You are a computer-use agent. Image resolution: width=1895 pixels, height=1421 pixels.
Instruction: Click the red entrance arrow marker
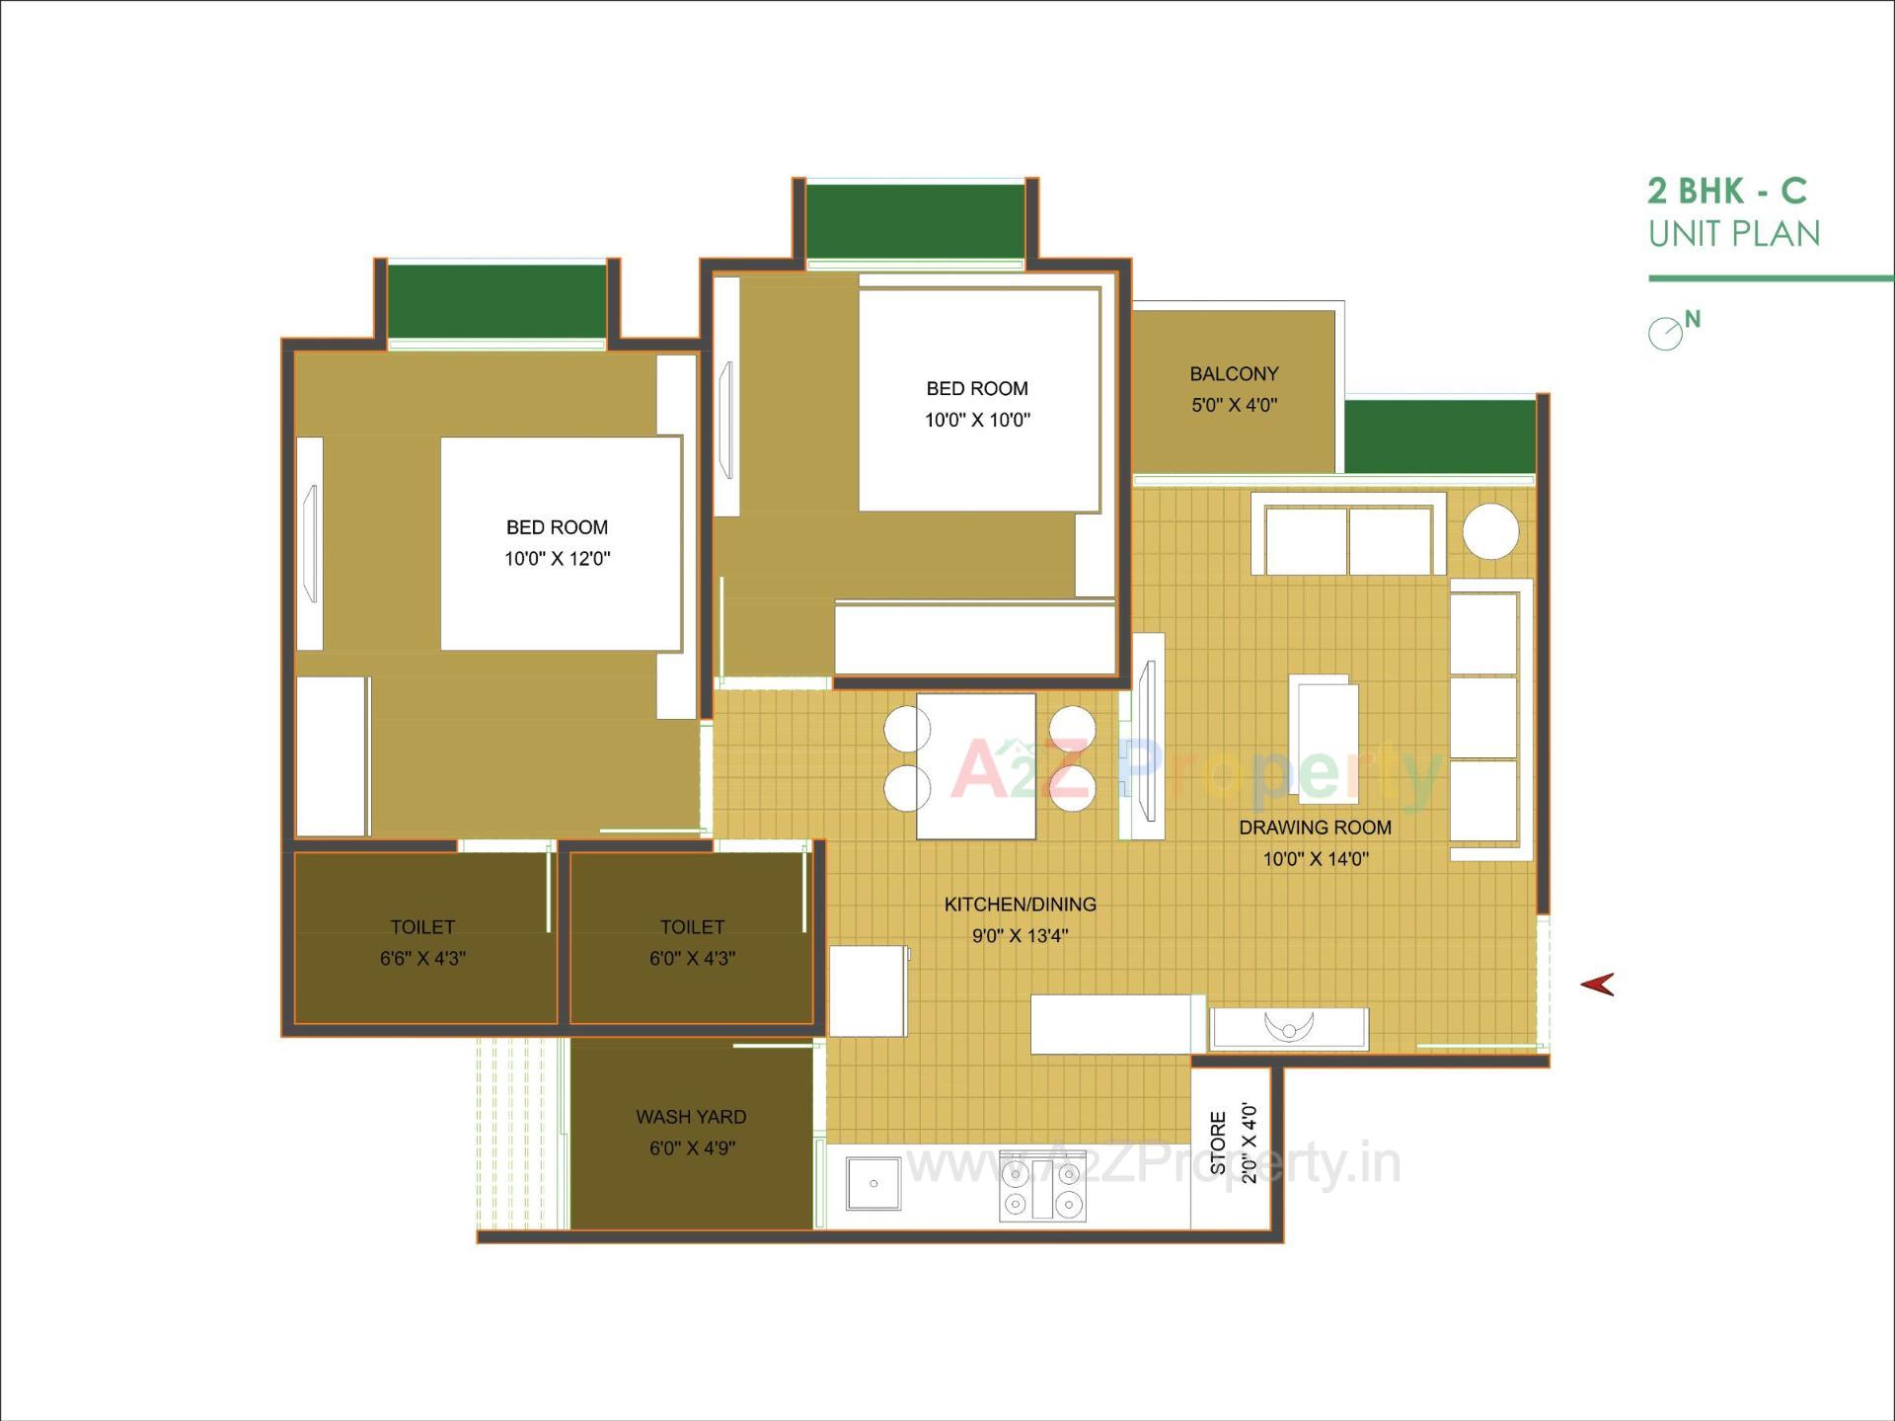(x=1598, y=984)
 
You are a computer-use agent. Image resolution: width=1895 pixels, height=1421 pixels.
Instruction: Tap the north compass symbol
(x=1667, y=333)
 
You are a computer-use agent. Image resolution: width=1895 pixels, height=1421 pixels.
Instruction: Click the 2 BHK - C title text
(x=1726, y=190)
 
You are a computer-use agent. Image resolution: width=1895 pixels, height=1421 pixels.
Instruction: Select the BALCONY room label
(x=1234, y=374)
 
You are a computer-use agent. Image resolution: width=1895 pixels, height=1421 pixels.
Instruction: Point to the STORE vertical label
(x=1219, y=1144)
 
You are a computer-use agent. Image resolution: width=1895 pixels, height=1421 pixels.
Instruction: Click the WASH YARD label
(x=691, y=1117)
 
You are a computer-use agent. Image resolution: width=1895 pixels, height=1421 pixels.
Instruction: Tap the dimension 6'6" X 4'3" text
(x=422, y=958)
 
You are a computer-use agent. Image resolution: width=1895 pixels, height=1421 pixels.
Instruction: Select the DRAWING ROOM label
(x=1315, y=828)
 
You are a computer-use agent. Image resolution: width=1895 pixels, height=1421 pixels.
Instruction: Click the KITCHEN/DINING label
(x=1020, y=905)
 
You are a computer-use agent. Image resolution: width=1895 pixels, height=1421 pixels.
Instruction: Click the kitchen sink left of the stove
(x=873, y=1183)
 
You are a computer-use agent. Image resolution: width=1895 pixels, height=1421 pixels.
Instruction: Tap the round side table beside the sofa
(x=1490, y=531)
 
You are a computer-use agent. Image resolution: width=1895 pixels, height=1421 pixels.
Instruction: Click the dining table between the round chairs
(x=976, y=766)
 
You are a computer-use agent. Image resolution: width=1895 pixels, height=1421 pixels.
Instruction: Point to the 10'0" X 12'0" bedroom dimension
(x=557, y=559)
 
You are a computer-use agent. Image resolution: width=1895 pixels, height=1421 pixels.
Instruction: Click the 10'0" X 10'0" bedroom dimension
(x=977, y=420)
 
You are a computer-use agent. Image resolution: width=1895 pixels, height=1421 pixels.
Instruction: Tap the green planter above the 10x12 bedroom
(x=496, y=300)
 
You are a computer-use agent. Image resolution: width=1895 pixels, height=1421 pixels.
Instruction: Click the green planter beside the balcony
(x=1440, y=436)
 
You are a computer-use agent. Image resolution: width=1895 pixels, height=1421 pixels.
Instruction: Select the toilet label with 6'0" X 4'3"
(x=692, y=927)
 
